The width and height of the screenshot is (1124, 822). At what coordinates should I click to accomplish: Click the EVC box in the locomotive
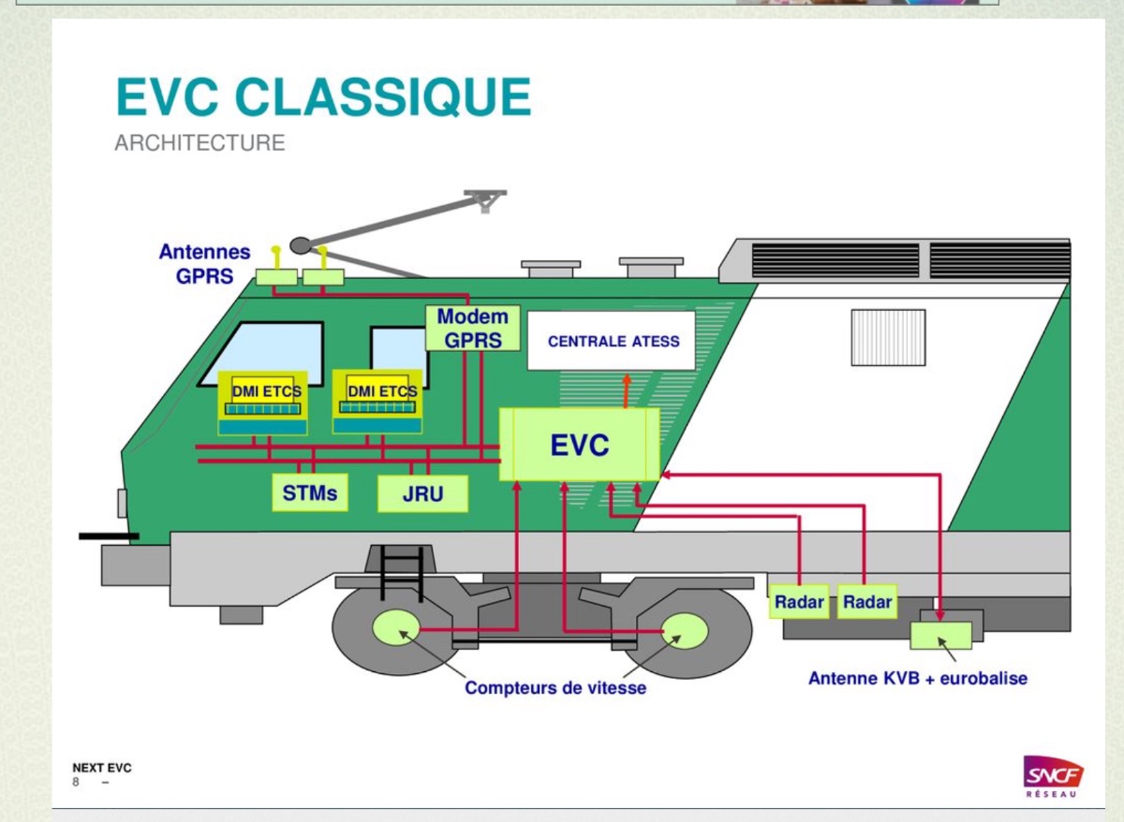coord(580,446)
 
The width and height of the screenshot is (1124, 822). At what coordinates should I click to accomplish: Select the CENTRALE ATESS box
coord(614,342)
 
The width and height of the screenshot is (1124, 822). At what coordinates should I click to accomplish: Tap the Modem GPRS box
coord(472,329)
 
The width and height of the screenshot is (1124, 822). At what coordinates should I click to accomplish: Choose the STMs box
coord(310,492)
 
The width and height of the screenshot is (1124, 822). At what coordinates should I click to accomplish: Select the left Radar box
coord(799,602)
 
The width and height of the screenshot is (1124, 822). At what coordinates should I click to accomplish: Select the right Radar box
coord(866,602)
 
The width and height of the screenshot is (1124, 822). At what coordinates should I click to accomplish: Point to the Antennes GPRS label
coord(204,264)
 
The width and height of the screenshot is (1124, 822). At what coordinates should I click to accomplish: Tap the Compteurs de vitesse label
coord(555,688)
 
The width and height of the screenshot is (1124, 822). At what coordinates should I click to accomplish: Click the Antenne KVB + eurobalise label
coord(917,678)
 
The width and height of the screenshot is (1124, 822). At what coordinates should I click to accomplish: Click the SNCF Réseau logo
coord(1054,777)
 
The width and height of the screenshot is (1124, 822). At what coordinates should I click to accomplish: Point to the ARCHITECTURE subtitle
coord(200,143)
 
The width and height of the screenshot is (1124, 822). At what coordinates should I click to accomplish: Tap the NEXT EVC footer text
coord(102,769)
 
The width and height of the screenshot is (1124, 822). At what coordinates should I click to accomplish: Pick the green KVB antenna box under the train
coord(940,635)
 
